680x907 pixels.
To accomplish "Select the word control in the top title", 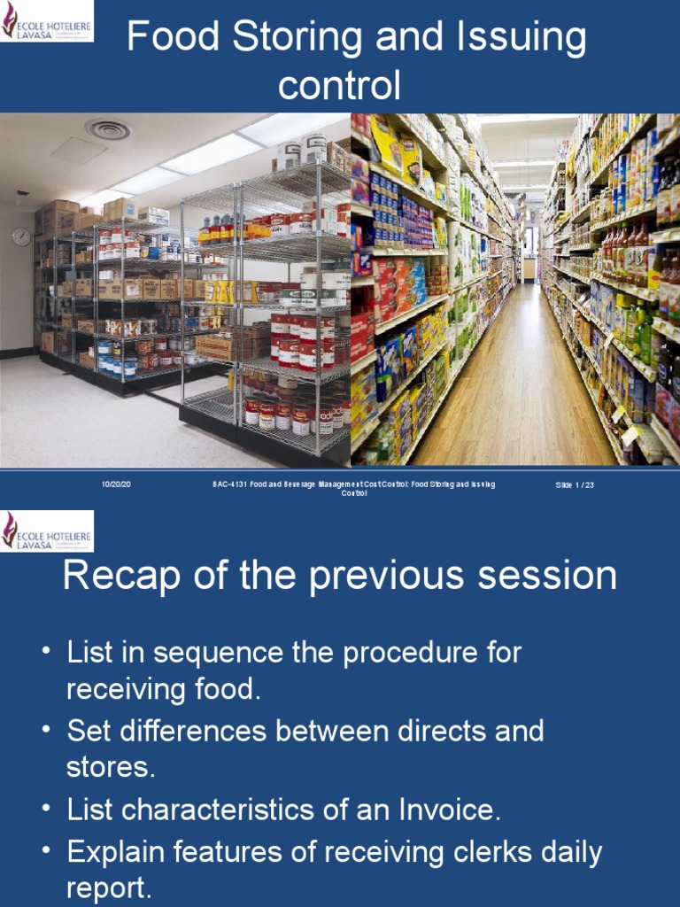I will (339, 86).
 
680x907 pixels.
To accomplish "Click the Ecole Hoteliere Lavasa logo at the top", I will (47, 20).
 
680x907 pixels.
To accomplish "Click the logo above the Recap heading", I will (47, 531).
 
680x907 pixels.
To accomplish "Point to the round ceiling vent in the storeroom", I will (108, 130).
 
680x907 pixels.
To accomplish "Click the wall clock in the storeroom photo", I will (21, 236).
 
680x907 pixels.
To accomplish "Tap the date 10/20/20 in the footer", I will (116, 485).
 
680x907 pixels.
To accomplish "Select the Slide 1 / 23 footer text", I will (575, 485).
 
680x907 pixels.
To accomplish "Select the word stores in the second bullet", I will (108, 767).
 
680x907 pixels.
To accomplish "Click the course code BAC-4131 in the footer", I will (229, 485).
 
